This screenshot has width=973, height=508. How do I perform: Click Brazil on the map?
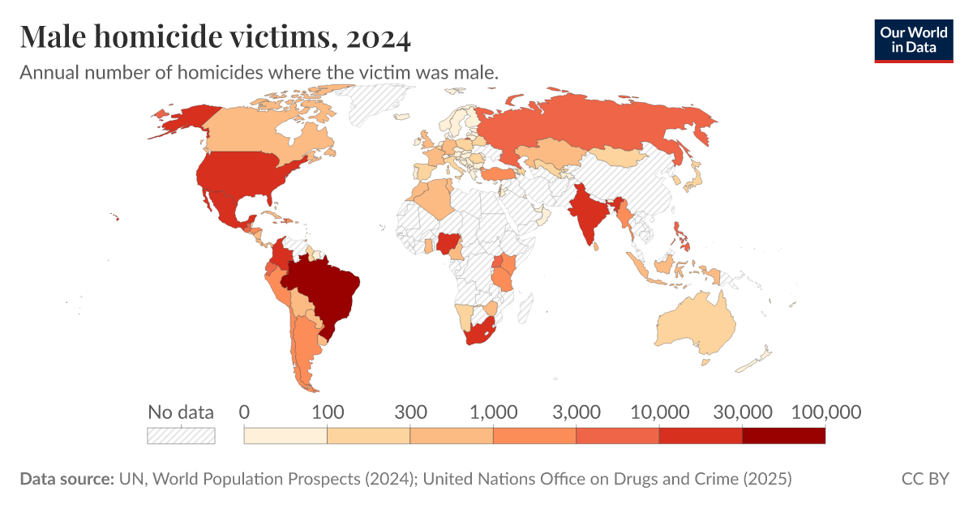324,292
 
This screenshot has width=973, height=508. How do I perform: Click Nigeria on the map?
447,242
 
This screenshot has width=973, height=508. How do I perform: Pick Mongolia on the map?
618,155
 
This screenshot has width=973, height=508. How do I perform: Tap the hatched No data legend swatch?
181,436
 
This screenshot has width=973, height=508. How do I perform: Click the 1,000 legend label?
493,412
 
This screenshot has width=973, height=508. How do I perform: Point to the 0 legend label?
244,412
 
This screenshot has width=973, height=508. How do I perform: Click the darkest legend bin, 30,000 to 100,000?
783,436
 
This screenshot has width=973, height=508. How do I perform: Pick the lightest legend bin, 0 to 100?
285,436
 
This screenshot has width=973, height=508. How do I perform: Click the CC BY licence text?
924,479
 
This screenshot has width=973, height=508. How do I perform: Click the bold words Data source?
66,479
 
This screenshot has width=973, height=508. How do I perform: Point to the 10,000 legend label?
658,412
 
